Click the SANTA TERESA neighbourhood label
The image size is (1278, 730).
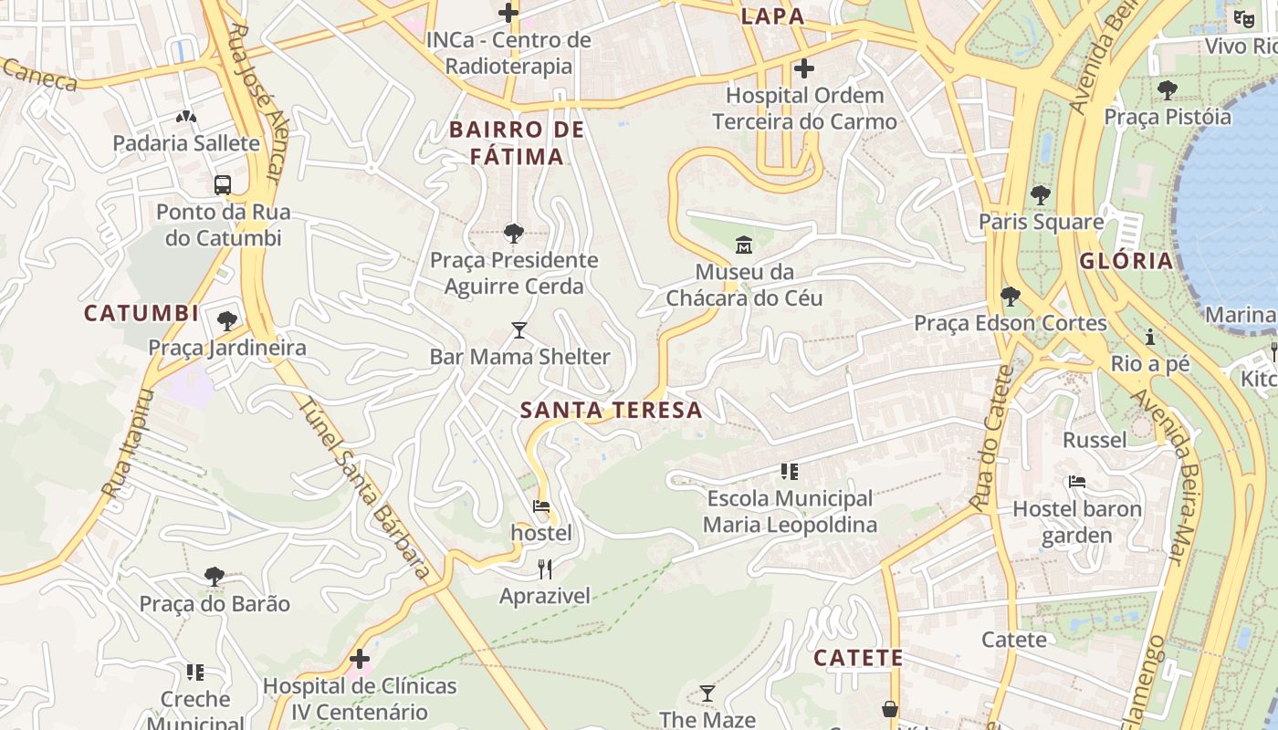point(612,411)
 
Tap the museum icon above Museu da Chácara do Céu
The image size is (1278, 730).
point(743,245)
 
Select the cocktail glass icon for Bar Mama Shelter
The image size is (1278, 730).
point(519,329)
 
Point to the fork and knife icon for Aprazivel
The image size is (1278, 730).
point(545,569)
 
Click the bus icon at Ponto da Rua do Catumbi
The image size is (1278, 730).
point(223,185)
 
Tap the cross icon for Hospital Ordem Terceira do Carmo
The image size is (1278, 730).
point(804,68)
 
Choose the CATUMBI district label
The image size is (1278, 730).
point(141,314)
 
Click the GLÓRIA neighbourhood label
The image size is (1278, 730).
point(1126,261)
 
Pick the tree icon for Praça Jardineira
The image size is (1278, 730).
point(227,321)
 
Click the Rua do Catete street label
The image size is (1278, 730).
point(992,438)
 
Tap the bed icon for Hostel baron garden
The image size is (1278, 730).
point(1077,482)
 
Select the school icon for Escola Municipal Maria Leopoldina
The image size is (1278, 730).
point(790,472)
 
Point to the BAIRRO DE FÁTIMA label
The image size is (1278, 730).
point(517,143)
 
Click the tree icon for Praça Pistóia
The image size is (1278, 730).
point(1167,89)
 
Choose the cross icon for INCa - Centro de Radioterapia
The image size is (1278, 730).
point(508,13)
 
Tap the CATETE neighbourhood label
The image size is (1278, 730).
point(858,658)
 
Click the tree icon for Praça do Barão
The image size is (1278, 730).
point(215,577)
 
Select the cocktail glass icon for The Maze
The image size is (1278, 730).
point(707,693)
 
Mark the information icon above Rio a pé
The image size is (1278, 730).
point(1150,338)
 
